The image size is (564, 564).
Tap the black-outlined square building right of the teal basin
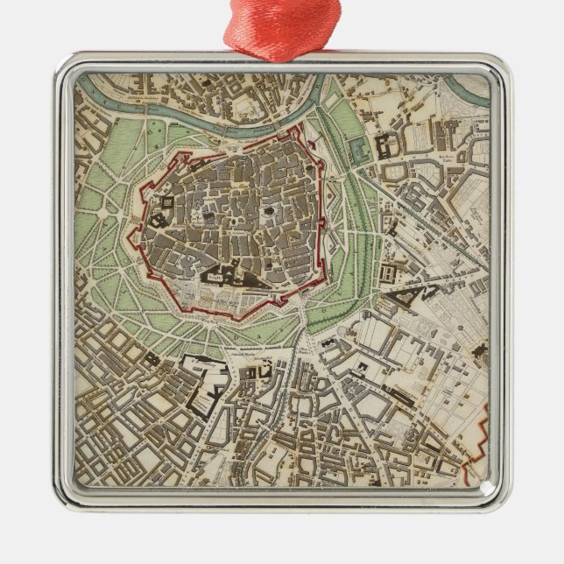click(384, 145)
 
